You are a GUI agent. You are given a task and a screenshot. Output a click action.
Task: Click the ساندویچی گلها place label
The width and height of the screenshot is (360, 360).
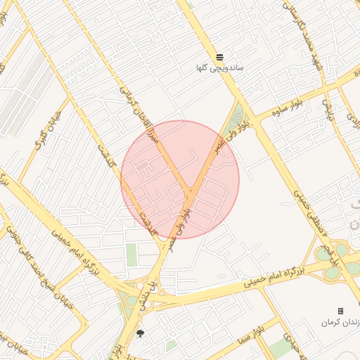(x=220, y=68)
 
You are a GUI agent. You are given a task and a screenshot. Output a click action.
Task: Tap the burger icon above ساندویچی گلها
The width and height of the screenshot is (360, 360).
(x=220, y=56)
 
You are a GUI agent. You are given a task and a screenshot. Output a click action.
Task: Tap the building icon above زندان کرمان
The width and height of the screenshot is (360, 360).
(x=341, y=311)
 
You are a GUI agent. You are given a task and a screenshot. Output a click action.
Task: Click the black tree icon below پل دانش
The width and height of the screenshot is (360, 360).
(x=141, y=333)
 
